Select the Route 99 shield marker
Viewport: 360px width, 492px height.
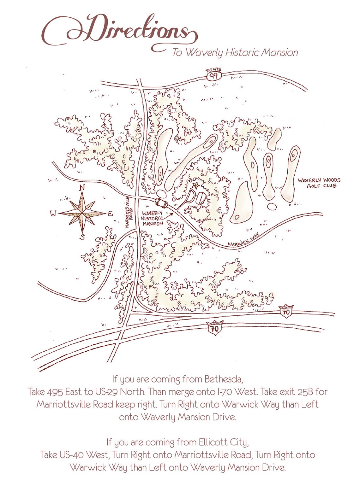click(214, 75)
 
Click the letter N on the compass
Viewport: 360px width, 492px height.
click(82, 188)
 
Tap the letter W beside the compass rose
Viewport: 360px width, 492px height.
click(53, 214)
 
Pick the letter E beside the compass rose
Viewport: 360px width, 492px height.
click(110, 214)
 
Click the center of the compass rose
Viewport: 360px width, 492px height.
click(82, 213)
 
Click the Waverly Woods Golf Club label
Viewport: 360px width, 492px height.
click(319, 183)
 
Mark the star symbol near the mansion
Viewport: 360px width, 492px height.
click(196, 185)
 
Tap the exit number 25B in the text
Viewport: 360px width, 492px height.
click(306, 392)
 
